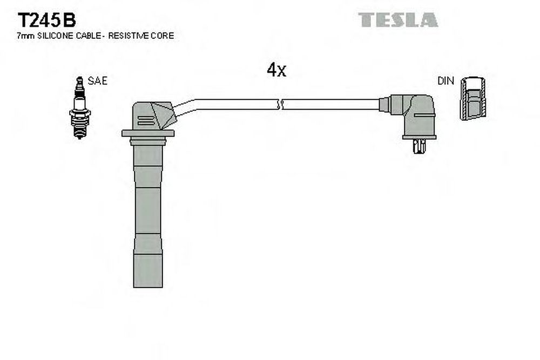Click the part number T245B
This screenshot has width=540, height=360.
pyautogui.click(x=46, y=20)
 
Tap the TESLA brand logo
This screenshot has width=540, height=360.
pyautogui.click(x=398, y=20)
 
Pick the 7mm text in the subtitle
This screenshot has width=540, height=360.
pyautogui.click(x=26, y=36)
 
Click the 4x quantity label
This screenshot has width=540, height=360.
pyautogui.click(x=276, y=70)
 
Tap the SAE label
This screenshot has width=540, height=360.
pyautogui.click(x=97, y=81)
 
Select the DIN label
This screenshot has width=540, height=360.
pyautogui.click(x=446, y=81)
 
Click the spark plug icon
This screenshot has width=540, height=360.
pyautogui.click(x=79, y=107)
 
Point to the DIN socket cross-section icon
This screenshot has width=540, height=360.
pyautogui.click(x=473, y=98)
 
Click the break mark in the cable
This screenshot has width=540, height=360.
pyautogui.click(x=280, y=104)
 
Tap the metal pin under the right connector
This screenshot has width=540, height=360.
pyautogui.click(x=419, y=146)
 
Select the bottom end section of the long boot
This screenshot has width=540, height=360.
pyautogui.click(x=148, y=271)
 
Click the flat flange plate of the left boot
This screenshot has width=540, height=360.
pyautogui.click(x=148, y=133)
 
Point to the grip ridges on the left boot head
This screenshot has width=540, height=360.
pyautogui.click(x=145, y=120)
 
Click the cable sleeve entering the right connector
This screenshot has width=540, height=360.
pyautogui.click(x=384, y=104)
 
